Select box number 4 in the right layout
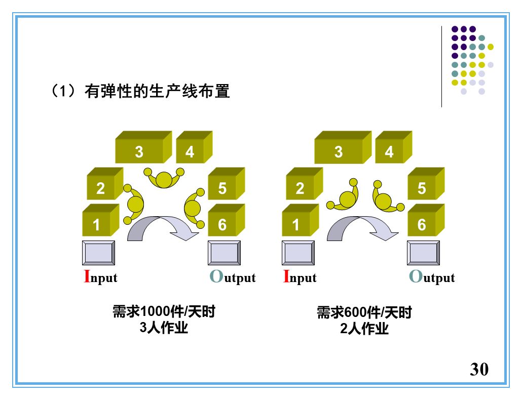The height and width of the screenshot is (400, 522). [x=389, y=151]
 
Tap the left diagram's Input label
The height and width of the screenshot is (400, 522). [x=100, y=277]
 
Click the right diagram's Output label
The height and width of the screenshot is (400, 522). [x=432, y=277]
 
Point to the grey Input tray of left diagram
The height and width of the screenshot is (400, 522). [x=98, y=253]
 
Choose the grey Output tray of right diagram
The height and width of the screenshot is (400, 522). [x=423, y=253]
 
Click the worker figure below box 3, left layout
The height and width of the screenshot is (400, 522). [x=164, y=178]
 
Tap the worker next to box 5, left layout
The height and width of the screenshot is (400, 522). [x=194, y=207]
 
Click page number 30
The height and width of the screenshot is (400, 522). [x=479, y=369]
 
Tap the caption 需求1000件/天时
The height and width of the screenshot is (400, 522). [x=164, y=311]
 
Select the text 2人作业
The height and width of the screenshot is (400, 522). [x=364, y=329]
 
